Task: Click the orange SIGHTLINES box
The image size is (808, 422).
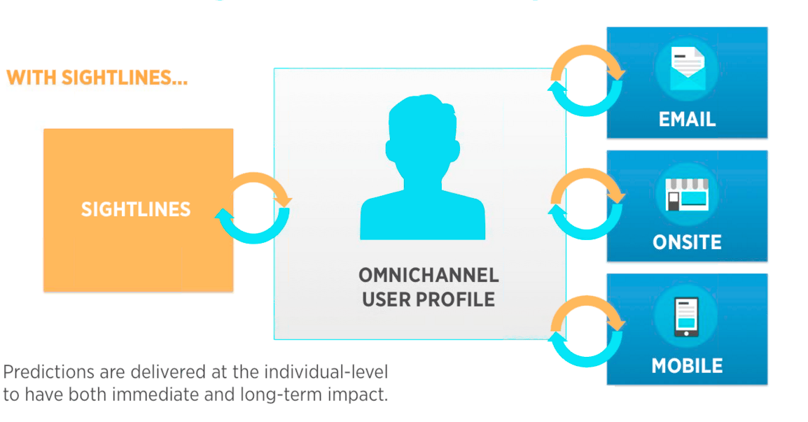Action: [138, 209]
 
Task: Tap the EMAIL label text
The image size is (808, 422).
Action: [687, 120]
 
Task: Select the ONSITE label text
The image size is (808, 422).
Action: [687, 243]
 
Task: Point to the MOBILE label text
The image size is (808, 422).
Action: [687, 366]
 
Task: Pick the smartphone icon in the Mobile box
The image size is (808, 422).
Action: [686, 317]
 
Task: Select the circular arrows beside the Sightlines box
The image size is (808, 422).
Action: [253, 209]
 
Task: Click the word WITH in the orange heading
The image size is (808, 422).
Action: [31, 78]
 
